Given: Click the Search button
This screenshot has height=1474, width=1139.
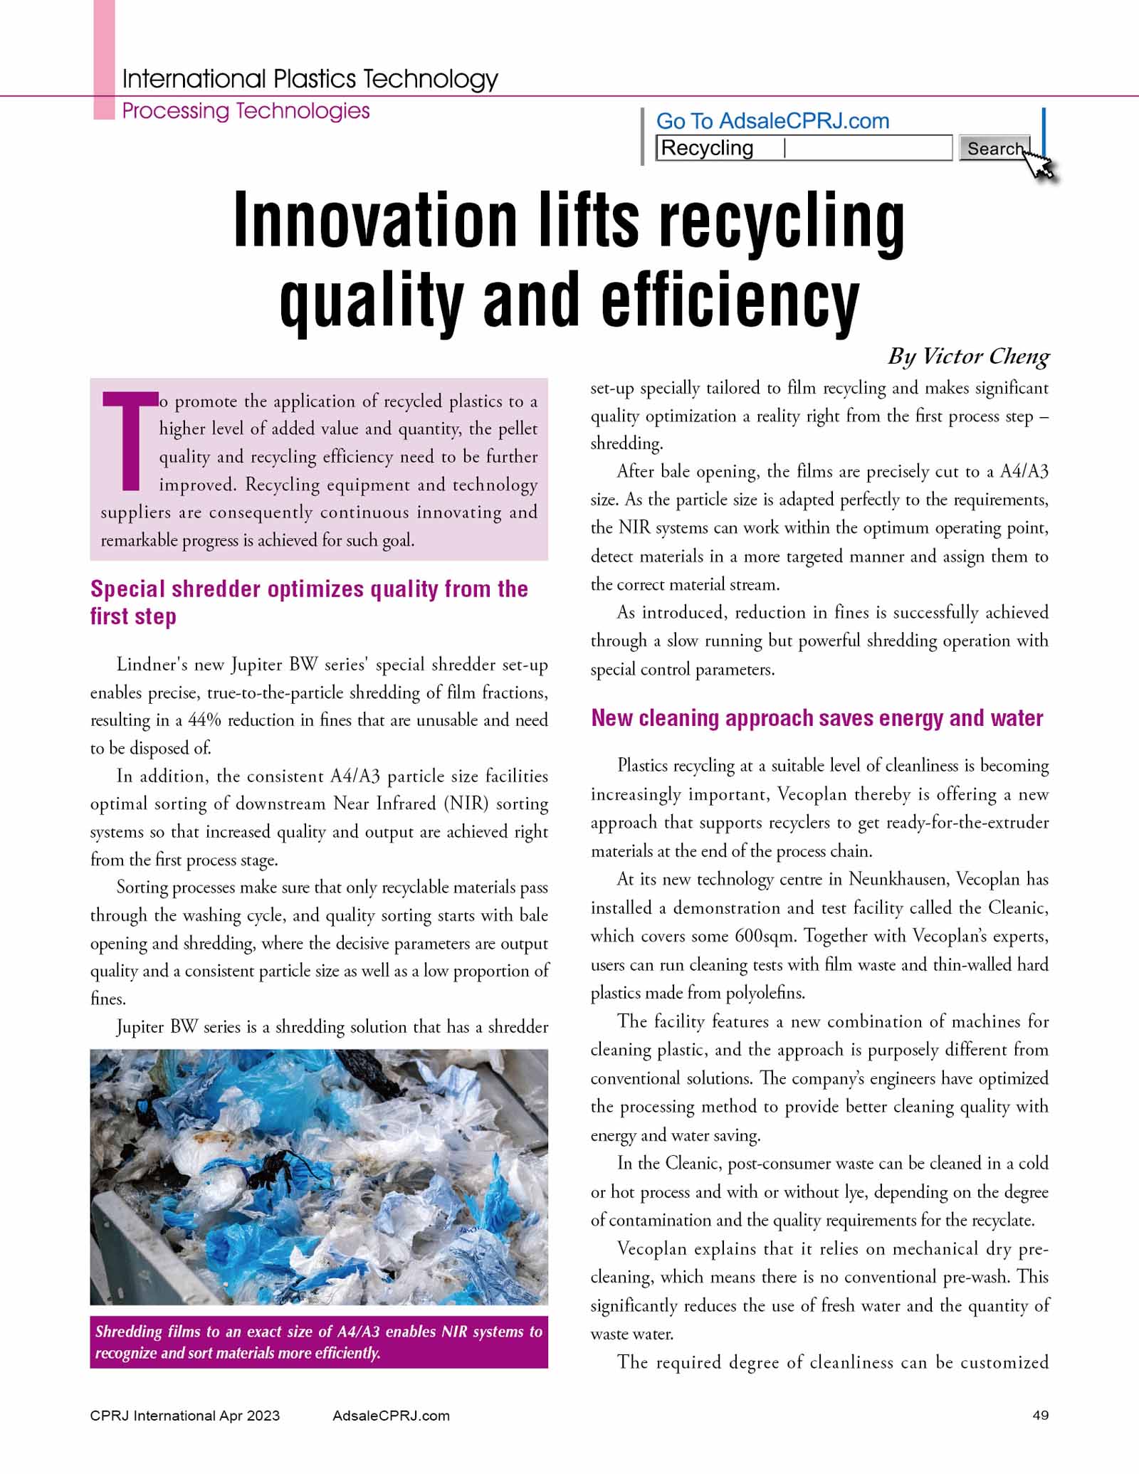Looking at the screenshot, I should pyautogui.click(x=994, y=148).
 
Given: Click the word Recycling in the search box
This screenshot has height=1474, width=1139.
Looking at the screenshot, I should pyautogui.click(x=707, y=148).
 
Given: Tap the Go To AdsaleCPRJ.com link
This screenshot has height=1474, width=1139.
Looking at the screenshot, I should pyautogui.click(x=772, y=121).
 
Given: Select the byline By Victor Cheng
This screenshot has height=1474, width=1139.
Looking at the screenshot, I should pyautogui.click(x=968, y=356).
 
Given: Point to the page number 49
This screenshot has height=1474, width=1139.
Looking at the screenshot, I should pyautogui.click(x=1040, y=1416).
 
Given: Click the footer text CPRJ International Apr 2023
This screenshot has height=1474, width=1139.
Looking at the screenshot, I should pyautogui.click(x=185, y=1416).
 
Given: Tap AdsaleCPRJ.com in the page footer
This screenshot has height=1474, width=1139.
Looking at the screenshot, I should pyautogui.click(x=391, y=1416).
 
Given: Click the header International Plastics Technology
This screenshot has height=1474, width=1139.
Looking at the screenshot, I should pyautogui.click(x=310, y=78).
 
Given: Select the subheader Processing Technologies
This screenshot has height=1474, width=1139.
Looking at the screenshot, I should pyautogui.click(x=246, y=111).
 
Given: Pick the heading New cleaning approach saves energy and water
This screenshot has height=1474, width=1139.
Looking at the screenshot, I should pyautogui.click(x=817, y=718).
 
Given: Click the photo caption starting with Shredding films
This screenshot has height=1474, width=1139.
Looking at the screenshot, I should pyautogui.click(x=318, y=1342).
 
